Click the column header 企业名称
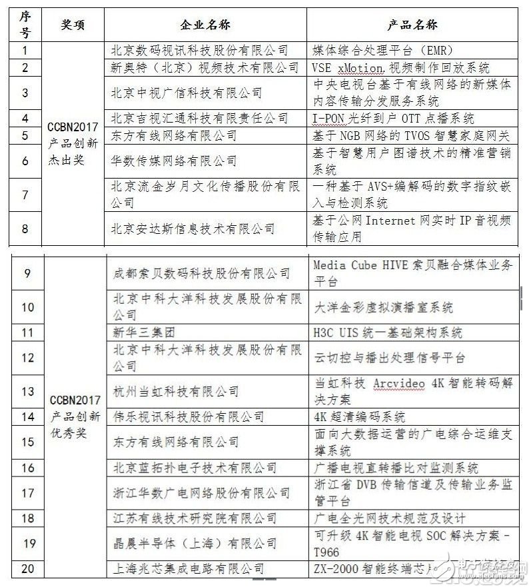(x=205, y=24)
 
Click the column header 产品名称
(x=412, y=24)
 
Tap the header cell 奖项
(x=73, y=24)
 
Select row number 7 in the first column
(x=25, y=195)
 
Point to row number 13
(x=27, y=391)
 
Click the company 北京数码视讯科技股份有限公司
(x=199, y=51)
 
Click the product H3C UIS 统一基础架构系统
(x=388, y=332)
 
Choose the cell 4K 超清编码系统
(x=359, y=416)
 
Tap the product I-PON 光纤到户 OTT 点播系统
(x=393, y=119)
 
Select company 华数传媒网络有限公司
(x=173, y=161)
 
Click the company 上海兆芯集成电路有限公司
(x=189, y=568)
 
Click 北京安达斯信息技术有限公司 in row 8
(x=193, y=229)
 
